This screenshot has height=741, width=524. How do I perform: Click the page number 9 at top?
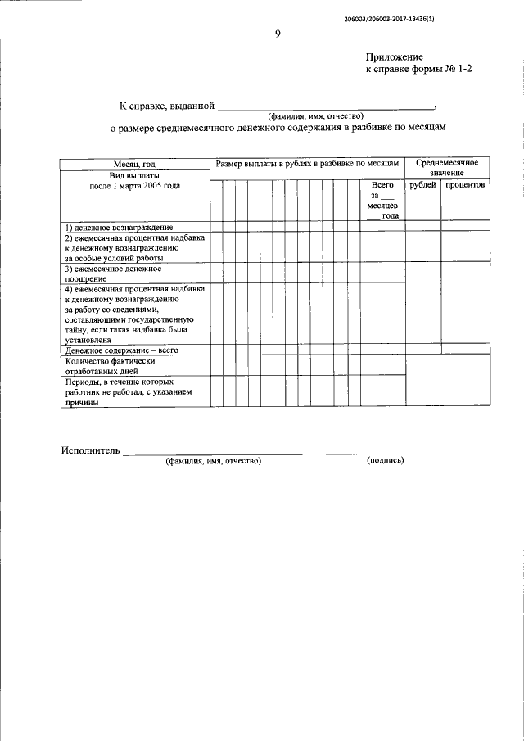pos(278,34)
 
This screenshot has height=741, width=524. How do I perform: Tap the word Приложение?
pos(394,57)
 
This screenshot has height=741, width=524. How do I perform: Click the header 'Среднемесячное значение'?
pos(446,168)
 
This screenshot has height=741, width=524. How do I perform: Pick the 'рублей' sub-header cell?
pos(422,186)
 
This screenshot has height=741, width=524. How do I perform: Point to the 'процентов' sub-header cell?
pos(465,186)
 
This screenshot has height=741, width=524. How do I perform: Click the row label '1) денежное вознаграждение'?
pos(119,226)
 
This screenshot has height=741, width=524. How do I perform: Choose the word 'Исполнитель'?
pos(90,450)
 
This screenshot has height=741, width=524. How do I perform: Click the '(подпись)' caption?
pos(385,461)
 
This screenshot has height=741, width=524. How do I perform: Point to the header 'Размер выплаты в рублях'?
pos(306,165)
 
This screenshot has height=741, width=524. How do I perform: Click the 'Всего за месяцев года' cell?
pos(382,201)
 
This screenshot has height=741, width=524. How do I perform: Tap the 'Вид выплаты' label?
pos(135,175)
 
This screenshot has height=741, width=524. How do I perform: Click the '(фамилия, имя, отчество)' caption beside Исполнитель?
pos(213,461)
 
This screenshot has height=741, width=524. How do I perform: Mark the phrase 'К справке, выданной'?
pos(166,106)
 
